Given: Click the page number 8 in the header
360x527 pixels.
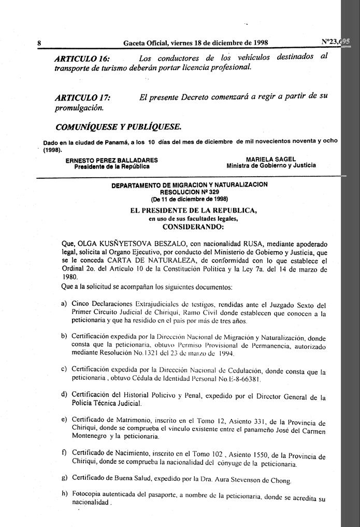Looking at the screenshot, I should (x=39, y=43).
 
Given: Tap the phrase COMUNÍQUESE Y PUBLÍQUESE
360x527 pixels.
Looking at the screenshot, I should (x=118, y=126).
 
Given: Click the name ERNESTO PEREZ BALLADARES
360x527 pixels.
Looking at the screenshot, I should (x=112, y=160).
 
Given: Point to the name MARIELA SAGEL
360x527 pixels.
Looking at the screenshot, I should (x=271, y=159).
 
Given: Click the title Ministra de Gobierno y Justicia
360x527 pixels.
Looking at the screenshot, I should (x=271, y=166).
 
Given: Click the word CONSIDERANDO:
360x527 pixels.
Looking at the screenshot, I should (x=193, y=226).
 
